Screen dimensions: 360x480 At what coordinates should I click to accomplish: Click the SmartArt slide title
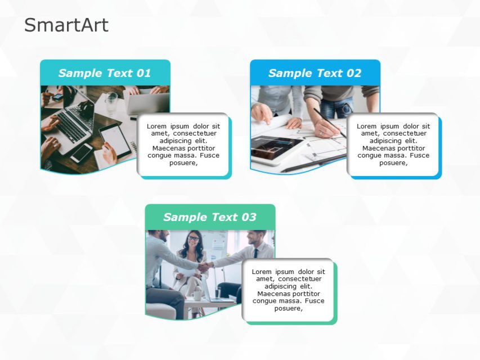point(66,25)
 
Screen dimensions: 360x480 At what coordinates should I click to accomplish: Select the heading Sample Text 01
point(105,73)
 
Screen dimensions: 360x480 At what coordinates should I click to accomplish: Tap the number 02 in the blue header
point(353,73)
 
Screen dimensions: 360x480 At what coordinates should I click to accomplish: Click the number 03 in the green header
point(248,217)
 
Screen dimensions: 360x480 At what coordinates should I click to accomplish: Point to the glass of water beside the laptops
point(111,102)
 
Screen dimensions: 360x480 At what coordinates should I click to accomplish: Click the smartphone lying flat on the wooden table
point(82,152)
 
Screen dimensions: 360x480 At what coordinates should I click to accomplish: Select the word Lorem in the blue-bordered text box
point(367,126)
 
